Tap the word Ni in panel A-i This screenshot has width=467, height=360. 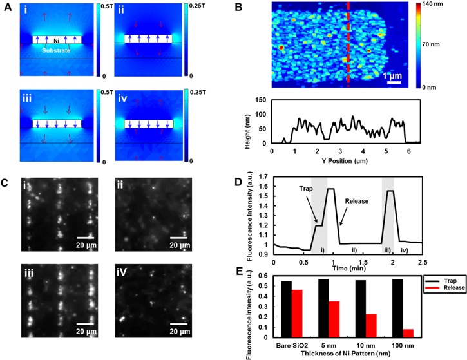click(x=57, y=39)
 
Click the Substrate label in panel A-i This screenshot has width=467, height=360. click(x=57, y=50)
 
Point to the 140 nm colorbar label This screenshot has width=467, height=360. click(x=447, y=5)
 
